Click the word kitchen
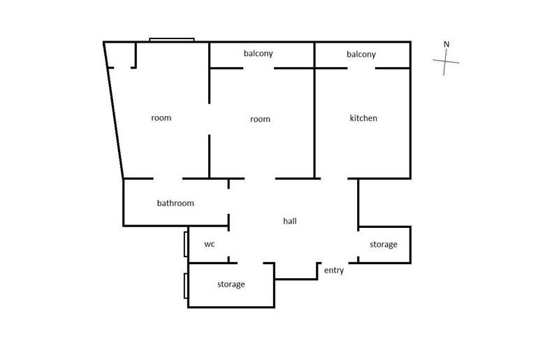tap(363, 118)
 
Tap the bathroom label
tap(175, 203)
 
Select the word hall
tap(290, 221)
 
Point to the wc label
tap(209, 244)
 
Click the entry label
tap(334, 271)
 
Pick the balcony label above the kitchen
tap(361, 55)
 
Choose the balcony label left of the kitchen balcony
tap(258, 54)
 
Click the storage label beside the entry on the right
tap(383, 245)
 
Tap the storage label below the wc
tap(231, 285)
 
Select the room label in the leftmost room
tap(161, 118)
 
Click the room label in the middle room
tap(260, 119)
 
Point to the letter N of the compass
tap(447, 44)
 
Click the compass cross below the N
tap(445, 62)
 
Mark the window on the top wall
tap(172, 40)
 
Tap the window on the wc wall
tap(186, 244)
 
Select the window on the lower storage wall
tap(186, 285)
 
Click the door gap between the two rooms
tap(209, 119)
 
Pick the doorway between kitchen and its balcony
tap(361, 68)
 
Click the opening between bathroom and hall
tap(228, 201)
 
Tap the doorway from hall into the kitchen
tap(334, 178)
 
